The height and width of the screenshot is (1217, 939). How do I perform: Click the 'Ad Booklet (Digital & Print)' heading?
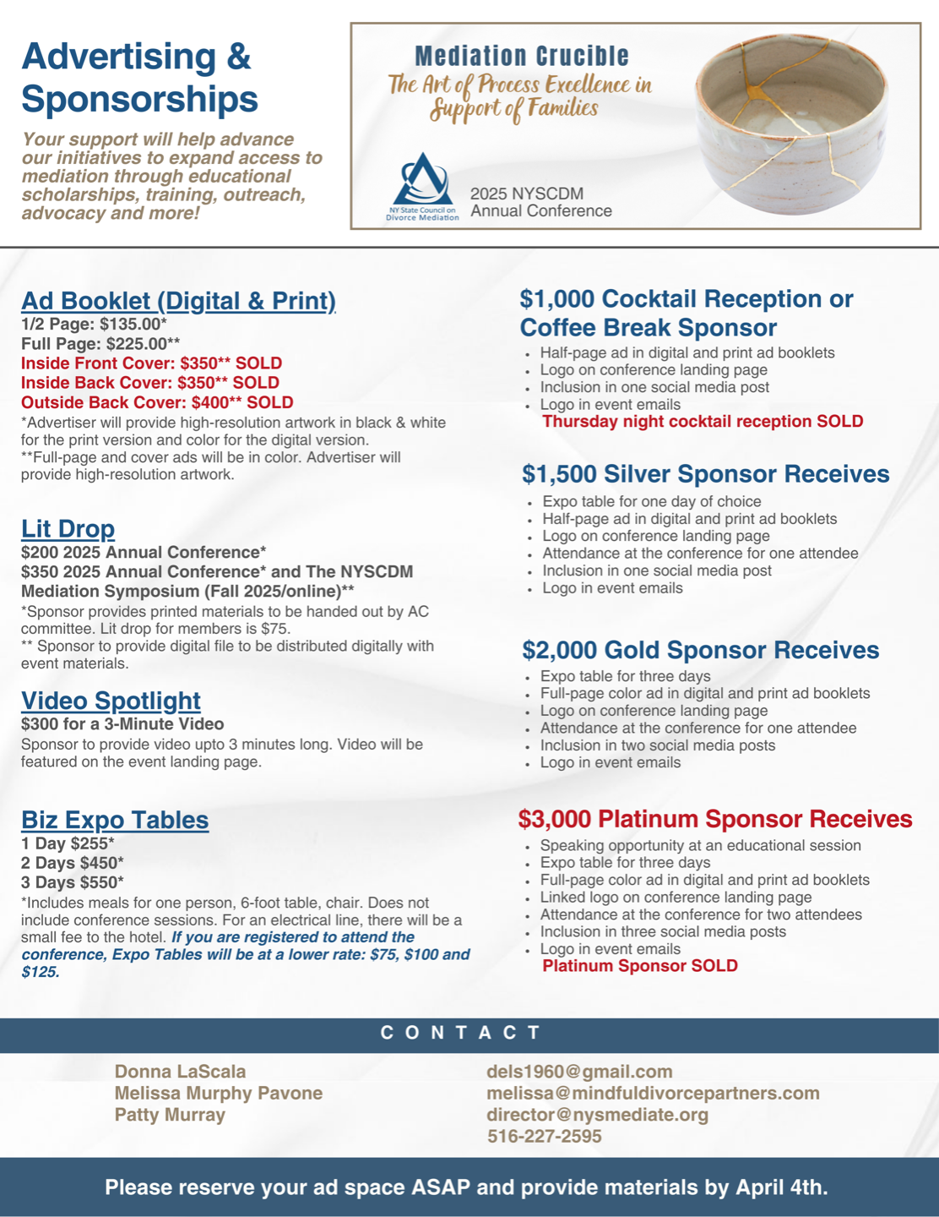coord(178,301)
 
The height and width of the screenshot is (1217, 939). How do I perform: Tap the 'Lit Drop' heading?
coord(68,528)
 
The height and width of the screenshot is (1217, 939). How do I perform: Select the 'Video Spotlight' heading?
coord(111,701)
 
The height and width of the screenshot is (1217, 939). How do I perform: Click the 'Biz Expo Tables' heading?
coord(115,820)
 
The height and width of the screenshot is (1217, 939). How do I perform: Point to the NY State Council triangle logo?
coord(422,180)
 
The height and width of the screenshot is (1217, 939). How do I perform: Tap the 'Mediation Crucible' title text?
coord(522,57)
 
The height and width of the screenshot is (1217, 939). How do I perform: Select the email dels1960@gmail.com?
coord(579,1072)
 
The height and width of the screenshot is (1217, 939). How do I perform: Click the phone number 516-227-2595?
coord(544,1137)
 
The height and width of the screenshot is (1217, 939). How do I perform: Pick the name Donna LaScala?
coord(180,1072)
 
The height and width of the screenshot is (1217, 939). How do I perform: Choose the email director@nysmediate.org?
coord(597,1115)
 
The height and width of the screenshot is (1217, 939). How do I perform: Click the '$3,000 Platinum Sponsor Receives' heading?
coord(714,819)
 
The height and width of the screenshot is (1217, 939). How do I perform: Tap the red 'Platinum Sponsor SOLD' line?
coord(639,966)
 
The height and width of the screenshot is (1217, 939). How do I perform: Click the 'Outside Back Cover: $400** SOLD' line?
coord(157,402)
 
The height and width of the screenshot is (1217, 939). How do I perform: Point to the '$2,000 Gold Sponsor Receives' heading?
coord(700,650)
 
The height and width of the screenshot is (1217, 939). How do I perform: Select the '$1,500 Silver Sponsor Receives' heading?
coord(705,474)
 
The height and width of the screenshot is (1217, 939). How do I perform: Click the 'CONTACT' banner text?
coord(461,1033)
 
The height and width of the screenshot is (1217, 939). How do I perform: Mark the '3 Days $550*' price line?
coord(73,881)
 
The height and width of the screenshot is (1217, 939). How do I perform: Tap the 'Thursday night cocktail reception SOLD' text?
coord(702,422)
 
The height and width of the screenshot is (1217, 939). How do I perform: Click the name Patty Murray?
coord(170,1115)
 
